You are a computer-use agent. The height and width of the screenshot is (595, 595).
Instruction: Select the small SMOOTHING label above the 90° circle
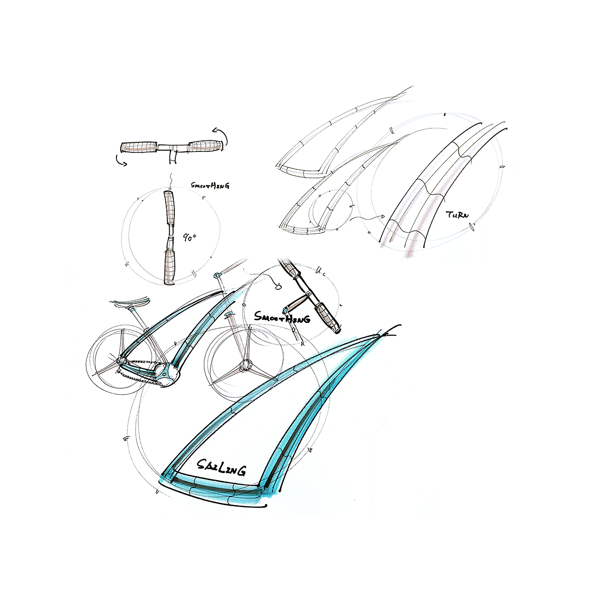click(x=210, y=186)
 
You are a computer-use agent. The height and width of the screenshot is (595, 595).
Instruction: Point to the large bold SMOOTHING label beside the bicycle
click(x=282, y=317)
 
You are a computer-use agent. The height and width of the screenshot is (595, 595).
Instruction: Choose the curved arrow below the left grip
click(x=122, y=160)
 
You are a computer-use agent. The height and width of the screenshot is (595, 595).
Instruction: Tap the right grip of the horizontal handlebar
click(x=206, y=146)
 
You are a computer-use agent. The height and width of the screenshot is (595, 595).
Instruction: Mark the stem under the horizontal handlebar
click(x=172, y=156)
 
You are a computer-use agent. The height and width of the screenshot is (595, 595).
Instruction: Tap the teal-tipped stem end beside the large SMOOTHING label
click(x=287, y=309)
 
